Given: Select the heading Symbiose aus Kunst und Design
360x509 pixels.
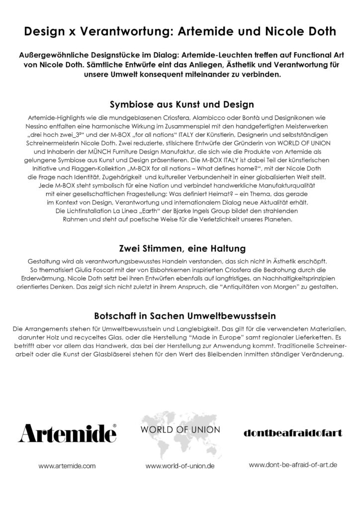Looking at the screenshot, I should tap(180, 105).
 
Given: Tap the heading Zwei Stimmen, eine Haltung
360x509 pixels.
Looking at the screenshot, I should tap(180, 248).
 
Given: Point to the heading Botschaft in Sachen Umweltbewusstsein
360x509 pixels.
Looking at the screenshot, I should tap(180, 316).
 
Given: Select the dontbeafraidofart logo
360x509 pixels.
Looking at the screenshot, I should tap(293, 433).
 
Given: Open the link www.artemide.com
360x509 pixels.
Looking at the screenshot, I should tap(67, 467).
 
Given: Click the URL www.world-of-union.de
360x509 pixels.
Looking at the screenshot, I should tap(180, 467).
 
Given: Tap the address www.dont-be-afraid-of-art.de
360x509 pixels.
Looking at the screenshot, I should tap(293, 465).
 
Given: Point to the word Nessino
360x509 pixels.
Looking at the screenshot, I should tap(42, 127).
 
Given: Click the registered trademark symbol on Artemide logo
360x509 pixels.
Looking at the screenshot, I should tap(114, 426).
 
